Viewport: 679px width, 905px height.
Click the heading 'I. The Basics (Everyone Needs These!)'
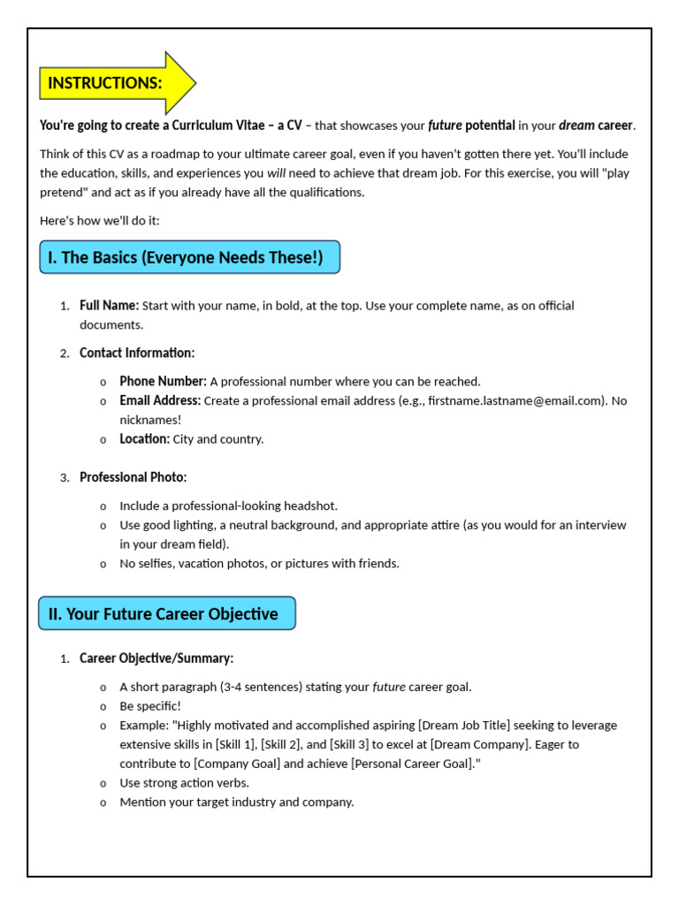[188, 257]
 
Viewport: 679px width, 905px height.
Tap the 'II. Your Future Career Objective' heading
[165, 613]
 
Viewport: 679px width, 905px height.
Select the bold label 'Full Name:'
[109, 306]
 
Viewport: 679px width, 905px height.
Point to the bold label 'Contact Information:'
[137, 353]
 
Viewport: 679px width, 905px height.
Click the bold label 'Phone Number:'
[163, 382]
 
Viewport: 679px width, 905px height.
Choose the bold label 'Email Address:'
[160, 400]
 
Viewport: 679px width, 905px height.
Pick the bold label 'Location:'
[144, 439]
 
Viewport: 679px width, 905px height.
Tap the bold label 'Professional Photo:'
[133, 477]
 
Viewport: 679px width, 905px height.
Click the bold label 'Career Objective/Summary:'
[156, 658]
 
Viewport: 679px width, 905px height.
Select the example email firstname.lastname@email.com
[516, 400]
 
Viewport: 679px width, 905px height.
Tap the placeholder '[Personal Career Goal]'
[413, 764]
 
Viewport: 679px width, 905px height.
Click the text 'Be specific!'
[150, 706]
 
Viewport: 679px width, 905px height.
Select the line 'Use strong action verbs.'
[184, 783]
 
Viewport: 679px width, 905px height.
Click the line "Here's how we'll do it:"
[100, 220]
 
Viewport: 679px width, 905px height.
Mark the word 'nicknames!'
[150, 420]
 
